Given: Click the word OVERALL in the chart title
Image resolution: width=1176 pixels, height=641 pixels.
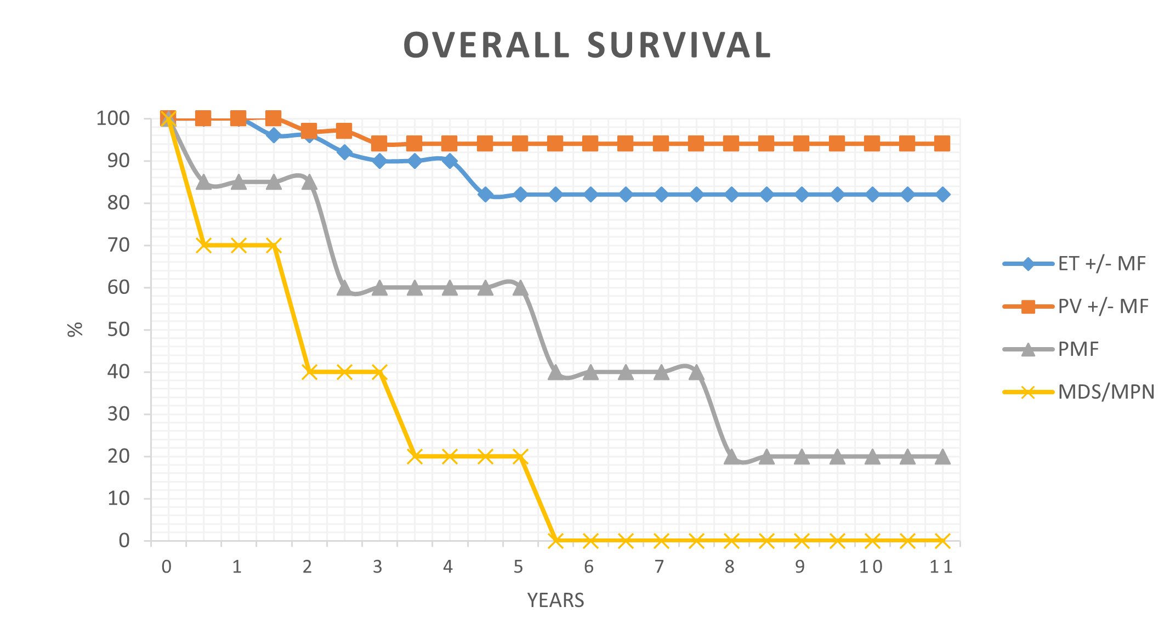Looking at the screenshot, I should tap(487, 45).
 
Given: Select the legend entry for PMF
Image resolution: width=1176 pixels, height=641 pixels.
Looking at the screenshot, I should tap(1078, 349).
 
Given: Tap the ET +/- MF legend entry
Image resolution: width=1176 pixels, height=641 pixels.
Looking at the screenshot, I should tap(1101, 264).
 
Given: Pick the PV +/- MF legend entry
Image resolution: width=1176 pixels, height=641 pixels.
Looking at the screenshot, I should tap(1103, 307).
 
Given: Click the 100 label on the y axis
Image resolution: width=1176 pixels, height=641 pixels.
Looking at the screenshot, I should tap(113, 118).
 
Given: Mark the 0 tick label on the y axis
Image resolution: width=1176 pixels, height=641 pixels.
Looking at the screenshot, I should tap(124, 541).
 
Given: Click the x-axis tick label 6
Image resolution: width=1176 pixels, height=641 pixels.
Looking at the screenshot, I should tap(589, 567).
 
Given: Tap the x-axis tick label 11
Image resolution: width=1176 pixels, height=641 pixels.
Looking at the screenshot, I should tap(941, 567).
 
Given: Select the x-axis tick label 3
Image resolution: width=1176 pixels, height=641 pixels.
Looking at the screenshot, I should tap(378, 567).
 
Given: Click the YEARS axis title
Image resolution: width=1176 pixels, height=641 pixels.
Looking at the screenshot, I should tap(555, 600).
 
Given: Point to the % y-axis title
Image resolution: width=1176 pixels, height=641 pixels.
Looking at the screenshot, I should tap(75, 329).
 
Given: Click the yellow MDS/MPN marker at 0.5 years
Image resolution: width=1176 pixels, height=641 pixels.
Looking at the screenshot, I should tap(203, 245).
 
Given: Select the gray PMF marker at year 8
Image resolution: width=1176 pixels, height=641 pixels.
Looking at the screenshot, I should tap(731, 456).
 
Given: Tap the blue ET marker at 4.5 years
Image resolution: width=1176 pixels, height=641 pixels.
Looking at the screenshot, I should tap(485, 195).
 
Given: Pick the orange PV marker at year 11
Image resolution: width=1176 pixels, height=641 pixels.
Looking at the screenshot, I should tap(942, 144).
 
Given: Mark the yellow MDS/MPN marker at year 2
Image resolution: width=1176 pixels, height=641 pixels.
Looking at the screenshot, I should tap(309, 372).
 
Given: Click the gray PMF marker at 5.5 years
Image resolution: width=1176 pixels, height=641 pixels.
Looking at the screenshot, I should tap(555, 372).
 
